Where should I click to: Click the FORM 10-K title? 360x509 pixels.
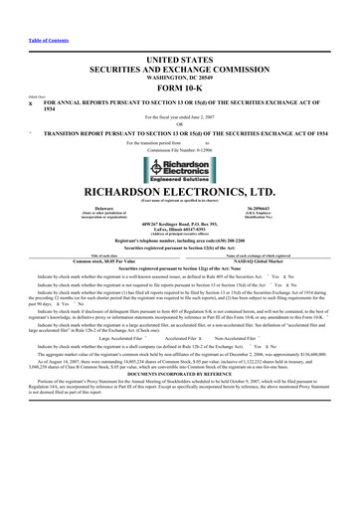180,59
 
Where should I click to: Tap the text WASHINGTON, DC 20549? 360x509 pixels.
180,49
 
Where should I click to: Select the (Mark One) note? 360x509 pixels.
11,70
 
